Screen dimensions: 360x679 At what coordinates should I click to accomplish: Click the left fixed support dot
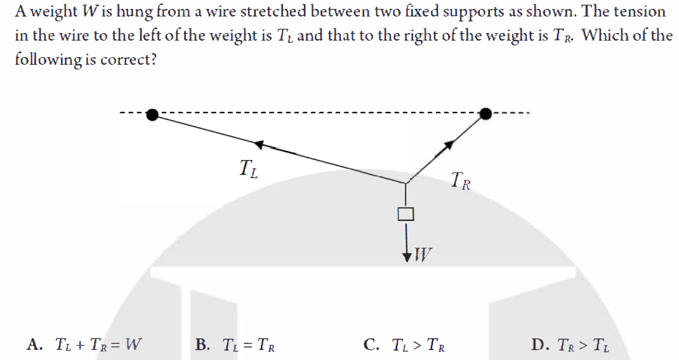(153, 115)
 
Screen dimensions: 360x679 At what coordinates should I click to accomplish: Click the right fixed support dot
(485, 114)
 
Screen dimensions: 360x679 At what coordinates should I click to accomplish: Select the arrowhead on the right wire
(449, 145)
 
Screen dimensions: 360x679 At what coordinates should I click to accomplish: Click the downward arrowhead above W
(406, 257)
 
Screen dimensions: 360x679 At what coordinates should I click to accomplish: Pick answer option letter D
(540, 345)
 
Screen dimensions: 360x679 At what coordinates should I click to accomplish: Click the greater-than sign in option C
(415, 345)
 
